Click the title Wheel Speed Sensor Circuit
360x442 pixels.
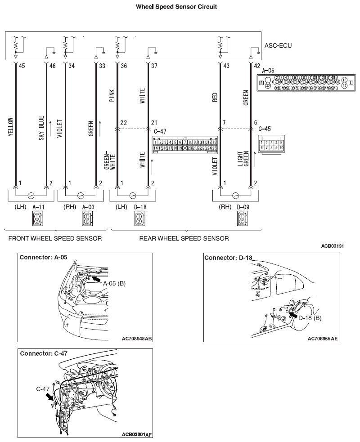click(180, 7)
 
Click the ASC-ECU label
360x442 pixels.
click(278, 46)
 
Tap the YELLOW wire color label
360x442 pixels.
click(10, 127)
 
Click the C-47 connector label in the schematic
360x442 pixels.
click(160, 131)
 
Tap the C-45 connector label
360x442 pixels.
click(265, 128)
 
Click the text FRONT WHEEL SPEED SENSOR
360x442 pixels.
click(54, 238)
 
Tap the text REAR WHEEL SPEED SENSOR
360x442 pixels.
click(184, 238)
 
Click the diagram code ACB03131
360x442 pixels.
click(333, 246)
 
